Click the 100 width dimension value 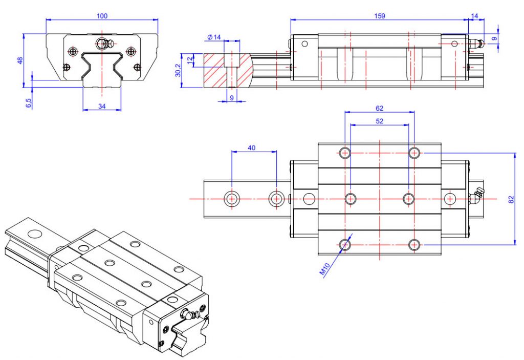pyautogui.click(x=102, y=16)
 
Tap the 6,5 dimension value pyautogui.click(x=29, y=103)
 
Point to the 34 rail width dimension pyautogui.click(x=102, y=106)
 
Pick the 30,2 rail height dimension pyautogui.click(x=178, y=70)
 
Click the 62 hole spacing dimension pyautogui.click(x=379, y=108)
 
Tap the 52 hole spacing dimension pyautogui.click(x=379, y=121)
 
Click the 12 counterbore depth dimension pyautogui.click(x=190, y=59)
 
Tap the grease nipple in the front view pyautogui.click(x=105, y=44)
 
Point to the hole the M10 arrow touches pyautogui.click(x=345, y=245)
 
